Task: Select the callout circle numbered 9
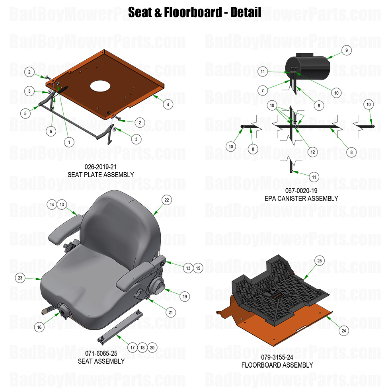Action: tap(346, 51)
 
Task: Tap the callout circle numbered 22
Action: tap(167, 200)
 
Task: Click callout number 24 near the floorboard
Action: tap(343, 330)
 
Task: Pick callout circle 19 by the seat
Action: tap(184, 296)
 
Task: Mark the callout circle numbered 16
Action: tap(39, 327)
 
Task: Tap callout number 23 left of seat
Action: tap(19, 277)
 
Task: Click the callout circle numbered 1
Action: tap(69, 142)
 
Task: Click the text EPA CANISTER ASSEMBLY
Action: tap(301, 198)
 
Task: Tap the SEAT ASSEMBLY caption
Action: tap(101, 361)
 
